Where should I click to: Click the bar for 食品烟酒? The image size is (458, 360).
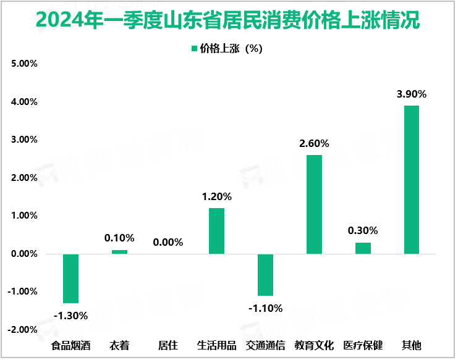coord(70,278)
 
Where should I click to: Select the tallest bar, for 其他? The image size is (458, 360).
coord(412,179)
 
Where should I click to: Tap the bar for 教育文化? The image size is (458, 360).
coord(314,204)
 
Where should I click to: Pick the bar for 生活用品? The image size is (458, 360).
coord(216,230)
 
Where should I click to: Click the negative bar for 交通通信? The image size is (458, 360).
coord(265,274)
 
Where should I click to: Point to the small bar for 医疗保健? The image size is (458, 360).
coord(363,248)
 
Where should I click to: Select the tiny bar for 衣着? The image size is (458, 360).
coord(119,251)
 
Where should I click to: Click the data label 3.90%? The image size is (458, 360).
coord(412,94)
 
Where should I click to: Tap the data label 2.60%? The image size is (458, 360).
coord(314,144)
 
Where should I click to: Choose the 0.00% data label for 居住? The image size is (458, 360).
coord(168,243)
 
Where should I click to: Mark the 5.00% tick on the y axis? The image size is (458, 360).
coord(23,64)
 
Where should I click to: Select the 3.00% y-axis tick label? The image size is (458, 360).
coord(23,140)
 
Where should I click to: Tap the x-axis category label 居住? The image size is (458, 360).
coord(168,345)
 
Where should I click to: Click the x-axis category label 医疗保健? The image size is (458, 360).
coord(363,345)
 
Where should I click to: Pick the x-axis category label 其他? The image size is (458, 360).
coord(412,345)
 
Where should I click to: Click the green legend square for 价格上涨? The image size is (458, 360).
coord(194,49)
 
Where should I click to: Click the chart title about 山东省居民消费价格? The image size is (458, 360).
coord(228,20)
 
